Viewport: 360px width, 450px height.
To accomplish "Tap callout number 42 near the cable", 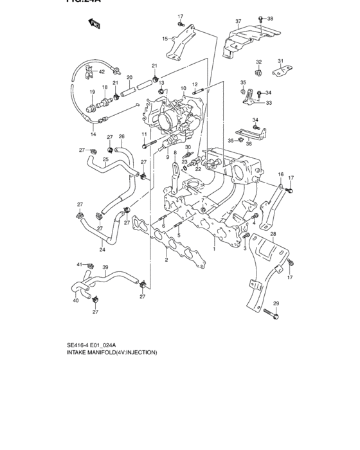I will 101,71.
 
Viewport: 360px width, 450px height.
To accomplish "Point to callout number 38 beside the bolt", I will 270,19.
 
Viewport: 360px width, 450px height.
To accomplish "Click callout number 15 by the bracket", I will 165,39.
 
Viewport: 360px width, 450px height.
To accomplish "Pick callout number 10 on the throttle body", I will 183,88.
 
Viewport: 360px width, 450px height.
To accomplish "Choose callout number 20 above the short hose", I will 129,78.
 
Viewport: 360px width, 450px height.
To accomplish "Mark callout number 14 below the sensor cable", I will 93,134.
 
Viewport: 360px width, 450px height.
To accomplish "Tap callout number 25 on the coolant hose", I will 105,177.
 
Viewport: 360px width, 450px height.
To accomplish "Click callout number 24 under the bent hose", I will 102,249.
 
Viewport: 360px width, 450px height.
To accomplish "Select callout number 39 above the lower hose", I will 105,267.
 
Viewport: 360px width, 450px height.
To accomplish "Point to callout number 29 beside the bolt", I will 276,303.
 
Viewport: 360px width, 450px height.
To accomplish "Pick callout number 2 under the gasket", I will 166,260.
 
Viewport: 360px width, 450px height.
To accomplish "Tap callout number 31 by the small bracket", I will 280,61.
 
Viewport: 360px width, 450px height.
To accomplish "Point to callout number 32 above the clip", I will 259,62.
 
